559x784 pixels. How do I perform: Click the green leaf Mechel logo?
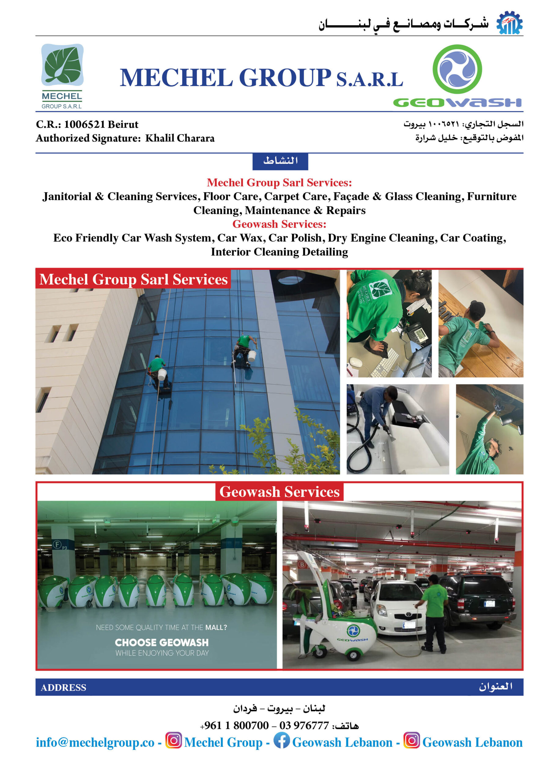click(x=62, y=65)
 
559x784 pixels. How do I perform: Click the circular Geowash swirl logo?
click(x=457, y=69)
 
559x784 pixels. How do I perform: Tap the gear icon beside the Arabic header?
click(x=509, y=23)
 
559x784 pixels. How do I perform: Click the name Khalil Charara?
click(x=180, y=138)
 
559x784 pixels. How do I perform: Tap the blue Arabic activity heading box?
click(x=280, y=161)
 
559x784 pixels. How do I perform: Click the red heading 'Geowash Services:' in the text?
click(x=279, y=224)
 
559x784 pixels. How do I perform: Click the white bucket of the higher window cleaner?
click(x=252, y=355)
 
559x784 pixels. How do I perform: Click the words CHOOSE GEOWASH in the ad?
click(x=161, y=643)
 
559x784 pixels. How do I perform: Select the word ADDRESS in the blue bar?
click(x=63, y=687)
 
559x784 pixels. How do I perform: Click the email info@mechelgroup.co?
click(x=95, y=742)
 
